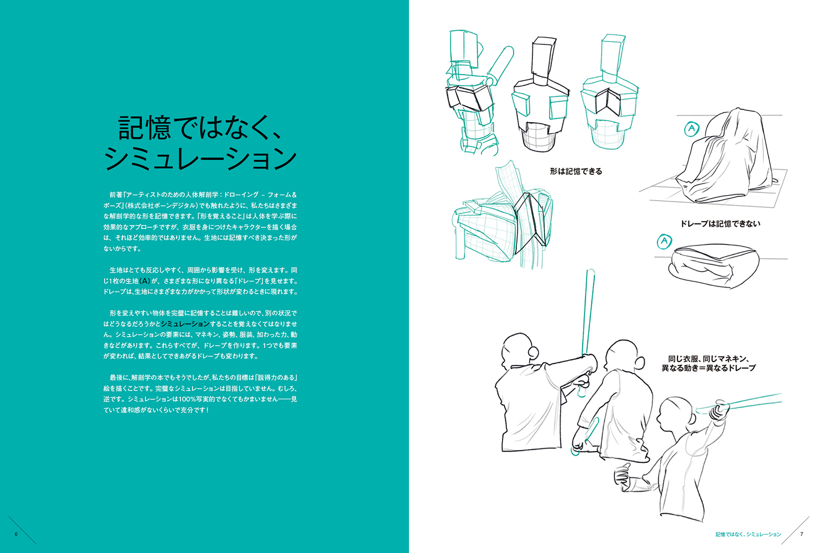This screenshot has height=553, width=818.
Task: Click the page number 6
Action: (x=16, y=534)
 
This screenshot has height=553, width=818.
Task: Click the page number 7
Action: (x=802, y=534)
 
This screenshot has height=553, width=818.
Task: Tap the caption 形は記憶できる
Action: (x=576, y=171)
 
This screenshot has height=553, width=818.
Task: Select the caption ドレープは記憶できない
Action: (x=720, y=223)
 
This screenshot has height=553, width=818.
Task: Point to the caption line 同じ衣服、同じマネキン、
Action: (x=708, y=359)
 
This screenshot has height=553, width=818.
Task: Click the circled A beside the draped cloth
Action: (x=691, y=129)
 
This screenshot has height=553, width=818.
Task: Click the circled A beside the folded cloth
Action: (x=664, y=241)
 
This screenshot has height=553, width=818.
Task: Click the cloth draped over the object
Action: (x=725, y=157)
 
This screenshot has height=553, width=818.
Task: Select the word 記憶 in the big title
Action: (x=144, y=128)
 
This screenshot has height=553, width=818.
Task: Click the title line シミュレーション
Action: (x=200, y=159)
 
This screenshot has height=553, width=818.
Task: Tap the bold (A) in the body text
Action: (x=145, y=281)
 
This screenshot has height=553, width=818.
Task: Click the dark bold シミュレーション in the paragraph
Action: (x=185, y=324)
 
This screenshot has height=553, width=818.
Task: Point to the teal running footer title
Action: (x=748, y=534)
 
